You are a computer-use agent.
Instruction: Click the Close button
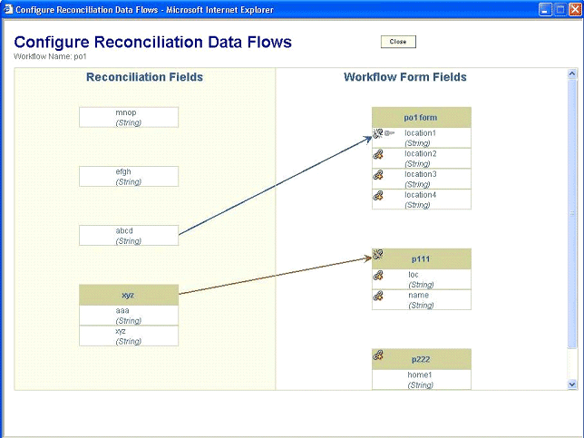pos(398,42)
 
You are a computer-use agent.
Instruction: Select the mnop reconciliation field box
pos(129,117)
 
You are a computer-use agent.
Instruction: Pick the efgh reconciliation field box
pos(129,176)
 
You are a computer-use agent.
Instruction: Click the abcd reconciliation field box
pos(129,236)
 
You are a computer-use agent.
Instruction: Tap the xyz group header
pos(129,295)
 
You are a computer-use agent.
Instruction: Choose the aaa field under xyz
pos(129,316)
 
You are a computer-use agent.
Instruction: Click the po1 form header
pos(422,117)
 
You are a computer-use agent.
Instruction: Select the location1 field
pos(422,138)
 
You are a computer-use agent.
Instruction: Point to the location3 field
pos(422,180)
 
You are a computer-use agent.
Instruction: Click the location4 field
pos(422,200)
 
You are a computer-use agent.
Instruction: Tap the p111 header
pos(422,258)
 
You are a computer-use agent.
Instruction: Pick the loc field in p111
pos(422,279)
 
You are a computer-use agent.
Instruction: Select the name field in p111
pos(422,300)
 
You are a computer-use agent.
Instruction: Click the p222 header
pos(422,359)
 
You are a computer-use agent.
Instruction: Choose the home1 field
pos(422,380)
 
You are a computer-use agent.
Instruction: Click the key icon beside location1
pos(390,132)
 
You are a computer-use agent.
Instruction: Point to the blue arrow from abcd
pos(276,186)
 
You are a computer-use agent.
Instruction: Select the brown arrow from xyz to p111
pos(276,276)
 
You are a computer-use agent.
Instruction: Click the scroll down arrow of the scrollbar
pos(572,384)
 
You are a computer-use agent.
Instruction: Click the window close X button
pos(575,10)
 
